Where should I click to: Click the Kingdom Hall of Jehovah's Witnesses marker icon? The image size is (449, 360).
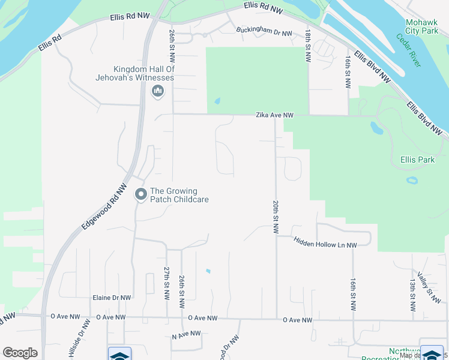(158, 91)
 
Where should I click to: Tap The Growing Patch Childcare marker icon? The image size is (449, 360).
(141, 194)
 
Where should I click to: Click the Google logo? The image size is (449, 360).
(20, 353)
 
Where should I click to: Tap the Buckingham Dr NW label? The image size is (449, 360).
(264, 33)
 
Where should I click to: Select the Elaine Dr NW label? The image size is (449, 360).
(112, 298)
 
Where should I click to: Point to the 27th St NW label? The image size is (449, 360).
(167, 284)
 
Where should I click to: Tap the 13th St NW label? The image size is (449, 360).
(413, 294)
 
